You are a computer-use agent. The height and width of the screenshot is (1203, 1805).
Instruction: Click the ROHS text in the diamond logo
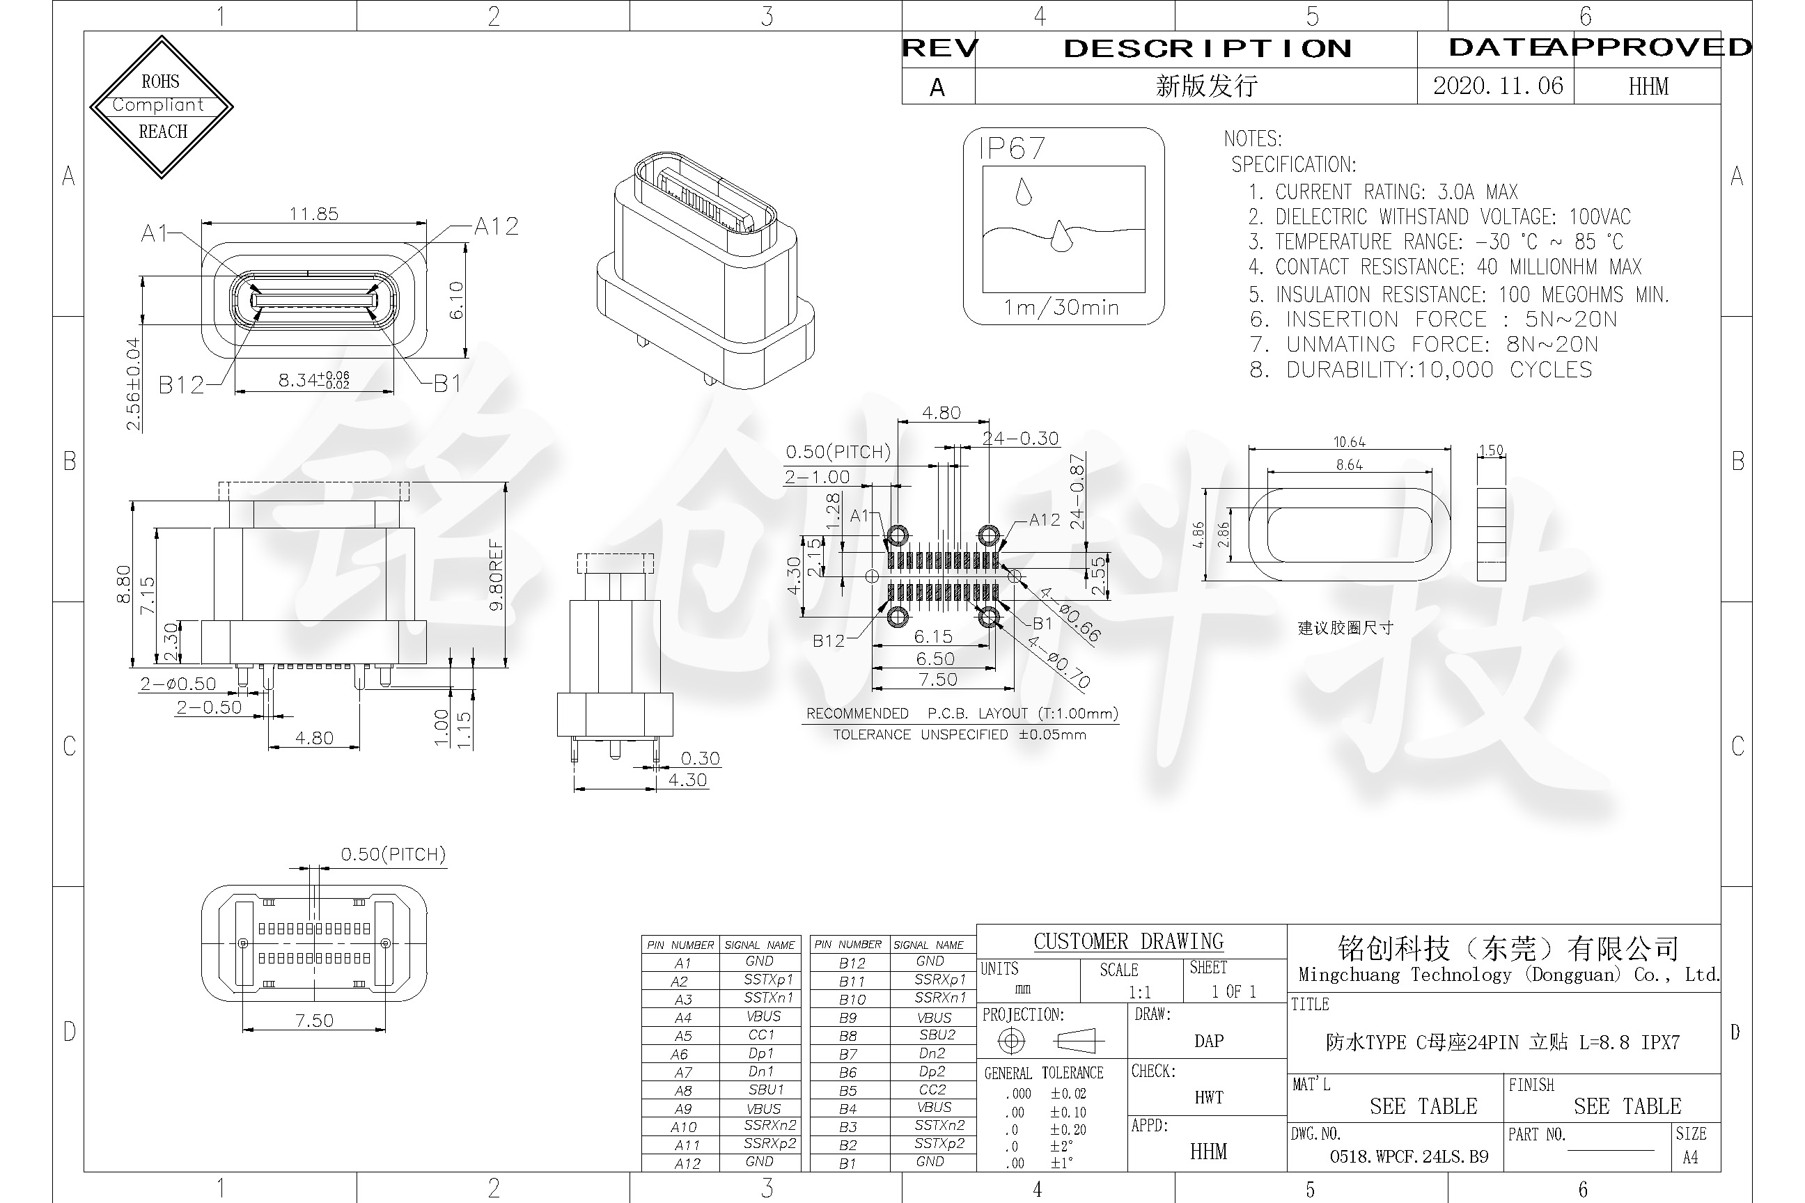pyautogui.click(x=160, y=82)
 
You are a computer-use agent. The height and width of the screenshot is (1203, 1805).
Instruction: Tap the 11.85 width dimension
pyautogui.click(x=313, y=214)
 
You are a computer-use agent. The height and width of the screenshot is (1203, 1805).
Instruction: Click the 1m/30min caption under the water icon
pyautogui.click(x=1061, y=308)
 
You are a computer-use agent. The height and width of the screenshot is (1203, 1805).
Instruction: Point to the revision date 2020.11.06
pyautogui.click(x=1497, y=86)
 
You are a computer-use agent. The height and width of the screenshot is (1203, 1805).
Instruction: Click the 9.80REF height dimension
pyautogui.click(x=497, y=576)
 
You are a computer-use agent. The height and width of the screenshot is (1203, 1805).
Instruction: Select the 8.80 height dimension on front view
pyautogui.click(x=123, y=584)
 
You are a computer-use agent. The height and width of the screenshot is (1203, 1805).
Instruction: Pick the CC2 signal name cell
pyautogui.click(x=932, y=1090)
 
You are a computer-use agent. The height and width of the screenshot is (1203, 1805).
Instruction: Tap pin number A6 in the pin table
pyautogui.click(x=680, y=1054)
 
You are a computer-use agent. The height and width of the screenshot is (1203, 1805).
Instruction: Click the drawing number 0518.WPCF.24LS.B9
pyautogui.click(x=1409, y=1157)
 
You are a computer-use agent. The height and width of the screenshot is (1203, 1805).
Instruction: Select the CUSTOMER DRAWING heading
pyautogui.click(x=1128, y=941)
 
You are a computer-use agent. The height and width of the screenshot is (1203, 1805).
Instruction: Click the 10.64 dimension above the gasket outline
pyautogui.click(x=1349, y=442)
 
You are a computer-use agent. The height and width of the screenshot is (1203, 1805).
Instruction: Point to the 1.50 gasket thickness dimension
pyautogui.click(x=1490, y=450)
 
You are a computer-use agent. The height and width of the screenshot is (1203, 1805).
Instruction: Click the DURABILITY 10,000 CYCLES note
pyautogui.click(x=1421, y=370)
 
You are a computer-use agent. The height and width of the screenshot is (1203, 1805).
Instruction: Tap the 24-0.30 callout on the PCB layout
pyautogui.click(x=1021, y=438)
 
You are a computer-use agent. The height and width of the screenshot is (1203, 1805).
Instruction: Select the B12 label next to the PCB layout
pyautogui.click(x=828, y=640)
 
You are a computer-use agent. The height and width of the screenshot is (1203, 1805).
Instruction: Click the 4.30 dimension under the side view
pyautogui.click(x=687, y=780)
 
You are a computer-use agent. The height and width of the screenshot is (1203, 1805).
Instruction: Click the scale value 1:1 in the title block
pyautogui.click(x=1140, y=992)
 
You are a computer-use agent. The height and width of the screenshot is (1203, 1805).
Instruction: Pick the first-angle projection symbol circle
pyautogui.click(x=1011, y=1041)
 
